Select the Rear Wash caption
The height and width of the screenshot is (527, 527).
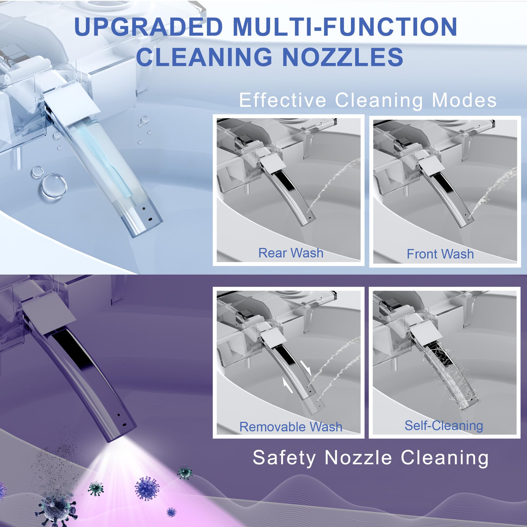point(291,253)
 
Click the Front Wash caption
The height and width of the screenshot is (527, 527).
point(440,254)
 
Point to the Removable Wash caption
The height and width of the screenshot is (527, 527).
point(291,427)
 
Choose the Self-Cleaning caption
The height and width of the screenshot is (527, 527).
point(444,426)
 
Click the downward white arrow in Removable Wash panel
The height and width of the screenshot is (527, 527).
point(305,368)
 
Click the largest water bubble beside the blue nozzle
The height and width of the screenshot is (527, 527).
point(54,186)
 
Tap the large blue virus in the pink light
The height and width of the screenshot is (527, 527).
point(147,488)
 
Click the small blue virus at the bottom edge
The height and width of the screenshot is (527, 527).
point(171,512)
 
